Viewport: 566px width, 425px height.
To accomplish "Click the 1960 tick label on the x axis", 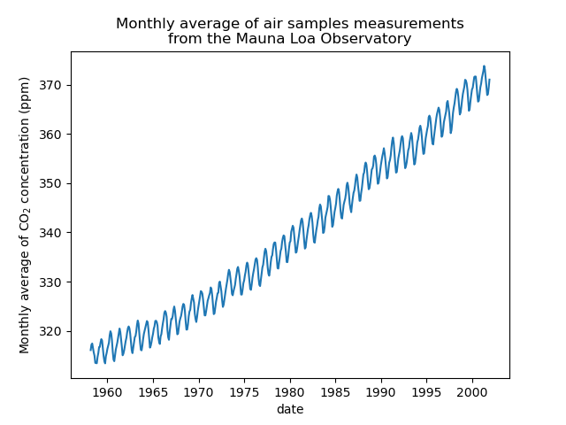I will coord(107,391).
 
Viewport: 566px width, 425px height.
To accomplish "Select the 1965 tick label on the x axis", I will coord(152,391).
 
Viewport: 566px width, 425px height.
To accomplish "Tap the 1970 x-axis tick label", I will coord(198,391).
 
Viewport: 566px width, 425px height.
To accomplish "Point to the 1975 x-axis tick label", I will coord(244,391).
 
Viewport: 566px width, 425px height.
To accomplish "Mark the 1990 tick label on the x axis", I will coord(381,391).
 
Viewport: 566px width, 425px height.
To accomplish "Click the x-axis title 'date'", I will coord(290,408).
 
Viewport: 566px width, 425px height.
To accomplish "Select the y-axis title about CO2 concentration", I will coord(25,215).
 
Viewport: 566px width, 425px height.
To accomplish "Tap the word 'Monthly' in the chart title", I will coord(144,24).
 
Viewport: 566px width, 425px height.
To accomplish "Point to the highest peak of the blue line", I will coord(484,66).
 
